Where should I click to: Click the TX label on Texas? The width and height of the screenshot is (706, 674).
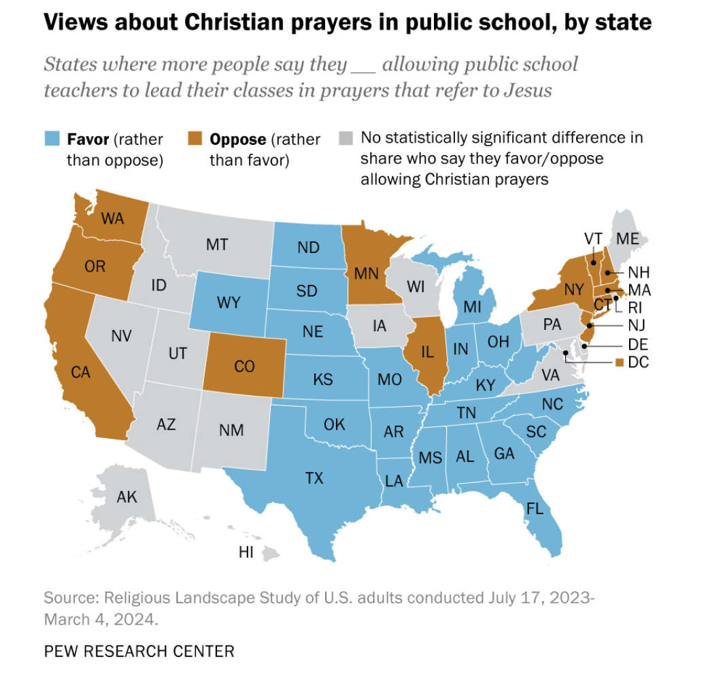pos(314,478)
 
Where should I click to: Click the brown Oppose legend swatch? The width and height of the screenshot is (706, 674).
pos(196,139)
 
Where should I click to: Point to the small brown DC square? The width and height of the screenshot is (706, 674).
pos(619,363)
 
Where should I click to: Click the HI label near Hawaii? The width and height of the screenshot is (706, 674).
pos(246,552)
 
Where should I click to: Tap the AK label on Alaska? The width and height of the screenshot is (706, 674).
pos(127,497)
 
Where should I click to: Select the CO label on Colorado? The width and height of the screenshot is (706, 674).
pos(243,367)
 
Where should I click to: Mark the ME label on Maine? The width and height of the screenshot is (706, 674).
pos(628,238)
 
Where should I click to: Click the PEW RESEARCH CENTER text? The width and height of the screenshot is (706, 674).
pos(139,651)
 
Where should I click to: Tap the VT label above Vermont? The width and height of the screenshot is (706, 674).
pos(594,239)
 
